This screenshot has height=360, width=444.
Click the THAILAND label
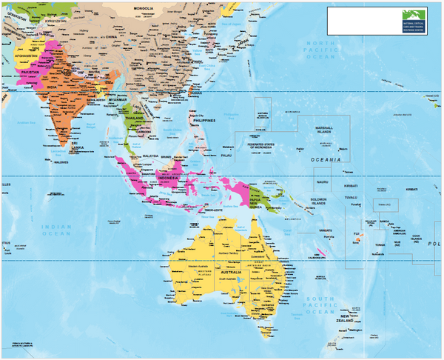134,118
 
